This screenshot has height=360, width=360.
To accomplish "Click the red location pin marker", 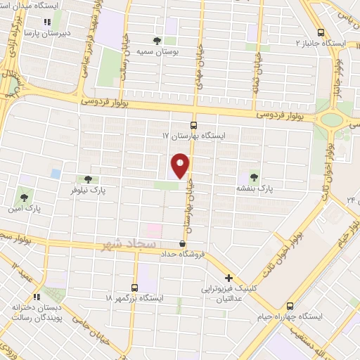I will (181, 166).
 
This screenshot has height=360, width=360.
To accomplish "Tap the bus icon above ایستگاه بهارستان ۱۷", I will (194, 124).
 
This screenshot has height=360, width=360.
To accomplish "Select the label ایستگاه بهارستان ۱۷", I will (194, 134).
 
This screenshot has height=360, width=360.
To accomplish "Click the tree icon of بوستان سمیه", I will (157, 40).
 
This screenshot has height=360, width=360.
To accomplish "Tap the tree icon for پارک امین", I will (25, 198).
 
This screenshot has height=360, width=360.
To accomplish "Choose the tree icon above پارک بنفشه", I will (254, 176).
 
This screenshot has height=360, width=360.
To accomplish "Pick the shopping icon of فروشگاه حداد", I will (183, 243).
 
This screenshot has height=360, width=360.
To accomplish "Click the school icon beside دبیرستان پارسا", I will (49, 22).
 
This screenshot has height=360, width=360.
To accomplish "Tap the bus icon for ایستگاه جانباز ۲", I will (321, 32).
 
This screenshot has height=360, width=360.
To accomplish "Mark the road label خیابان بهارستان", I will (189, 204).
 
